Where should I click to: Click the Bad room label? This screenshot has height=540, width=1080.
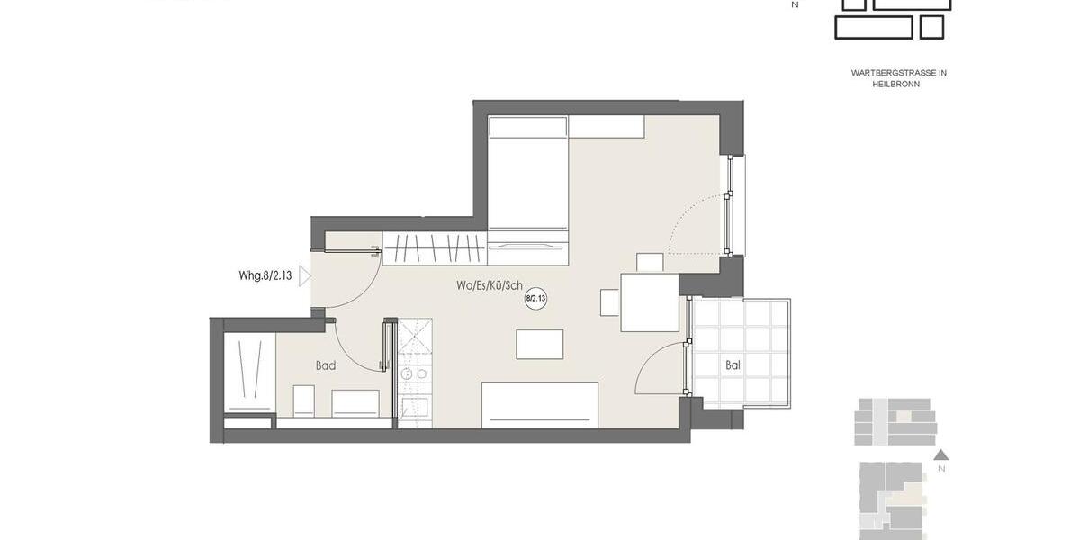click(x=325, y=366)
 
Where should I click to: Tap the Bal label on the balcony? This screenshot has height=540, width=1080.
click(x=733, y=366)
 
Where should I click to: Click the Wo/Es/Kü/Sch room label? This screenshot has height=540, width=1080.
click(x=490, y=286)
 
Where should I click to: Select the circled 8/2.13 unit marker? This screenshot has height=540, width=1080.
click(x=536, y=298)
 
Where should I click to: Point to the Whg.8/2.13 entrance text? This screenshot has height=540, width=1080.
click(x=265, y=277)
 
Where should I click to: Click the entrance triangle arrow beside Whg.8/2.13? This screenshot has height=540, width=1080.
click(x=304, y=277)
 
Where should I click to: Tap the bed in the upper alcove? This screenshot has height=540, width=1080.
click(x=527, y=189)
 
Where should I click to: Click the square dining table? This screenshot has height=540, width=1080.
click(x=649, y=301)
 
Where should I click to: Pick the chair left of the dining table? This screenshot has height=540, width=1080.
click(x=609, y=302)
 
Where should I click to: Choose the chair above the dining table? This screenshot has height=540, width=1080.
click(x=650, y=262)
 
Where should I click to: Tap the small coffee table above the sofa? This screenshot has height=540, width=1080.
click(x=540, y=344)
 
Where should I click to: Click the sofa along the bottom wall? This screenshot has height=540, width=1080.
click(x=540, y=404)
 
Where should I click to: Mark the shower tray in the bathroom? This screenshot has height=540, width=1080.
click(x=248, y=372)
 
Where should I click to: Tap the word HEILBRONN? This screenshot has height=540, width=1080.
click(x=895, y=84)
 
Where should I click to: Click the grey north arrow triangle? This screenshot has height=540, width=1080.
click(x=941, y=454)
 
